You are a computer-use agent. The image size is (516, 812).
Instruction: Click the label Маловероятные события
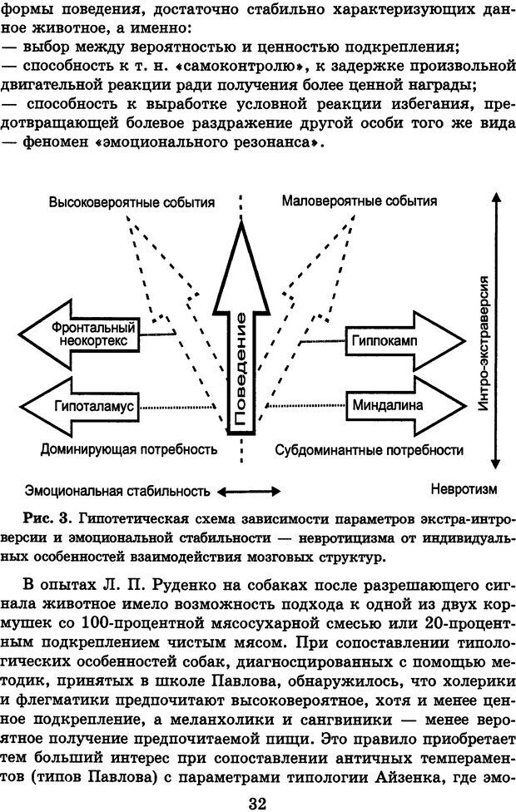(359, 202)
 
